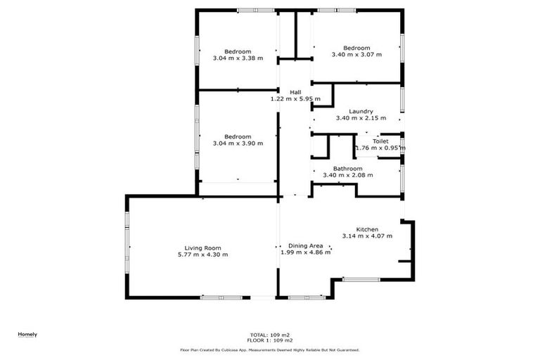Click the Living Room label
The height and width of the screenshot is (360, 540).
click(x=203, y=247)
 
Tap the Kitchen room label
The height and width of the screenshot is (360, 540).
click(x=367, y=230)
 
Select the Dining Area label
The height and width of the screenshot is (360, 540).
click(x=301, y=245)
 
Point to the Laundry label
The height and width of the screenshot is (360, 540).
click(x=361, y=111)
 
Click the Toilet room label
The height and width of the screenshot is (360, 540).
click(x=380, y=141)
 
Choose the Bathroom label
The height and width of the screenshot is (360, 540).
click(x=347, y=169)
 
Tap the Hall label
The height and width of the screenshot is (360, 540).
click(x=295, y=92)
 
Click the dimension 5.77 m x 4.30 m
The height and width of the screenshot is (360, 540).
click(x=203, y=255)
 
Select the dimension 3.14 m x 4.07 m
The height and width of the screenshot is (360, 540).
click(x=367, y=237)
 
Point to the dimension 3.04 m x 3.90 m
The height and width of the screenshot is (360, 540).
click(x=238, y=143)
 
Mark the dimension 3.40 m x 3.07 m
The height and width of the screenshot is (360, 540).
click(x=356, y=54)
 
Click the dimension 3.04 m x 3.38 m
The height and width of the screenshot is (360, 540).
click(x=238, y=58)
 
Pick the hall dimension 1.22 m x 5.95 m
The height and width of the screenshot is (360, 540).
click(x=295, y=99)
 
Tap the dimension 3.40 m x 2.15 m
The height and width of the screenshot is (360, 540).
click(x=361, y=118)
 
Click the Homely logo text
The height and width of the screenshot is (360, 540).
click(x=27, y=334)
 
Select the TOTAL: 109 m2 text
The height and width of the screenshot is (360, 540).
click(x=270, y=335)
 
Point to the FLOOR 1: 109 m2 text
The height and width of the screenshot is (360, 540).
click(x=270, y=341)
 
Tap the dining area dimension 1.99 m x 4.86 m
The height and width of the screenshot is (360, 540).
click(x=301, y=252)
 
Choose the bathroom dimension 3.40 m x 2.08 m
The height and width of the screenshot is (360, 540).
click(x=347, y=175)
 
